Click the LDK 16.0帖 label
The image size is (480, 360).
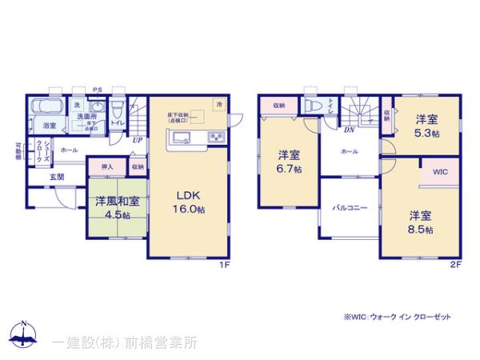[190, 199]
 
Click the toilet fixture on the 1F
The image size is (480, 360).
[117, 109]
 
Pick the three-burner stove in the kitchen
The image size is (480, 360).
[216, 138]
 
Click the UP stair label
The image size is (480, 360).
[138, 141]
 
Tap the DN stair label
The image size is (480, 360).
[350, 130]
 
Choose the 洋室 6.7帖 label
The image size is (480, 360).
[290, 162]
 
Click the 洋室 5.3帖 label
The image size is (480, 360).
[426, 126]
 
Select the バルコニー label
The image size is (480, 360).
[350, 208]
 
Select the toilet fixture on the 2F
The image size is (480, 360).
[314, 107]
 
